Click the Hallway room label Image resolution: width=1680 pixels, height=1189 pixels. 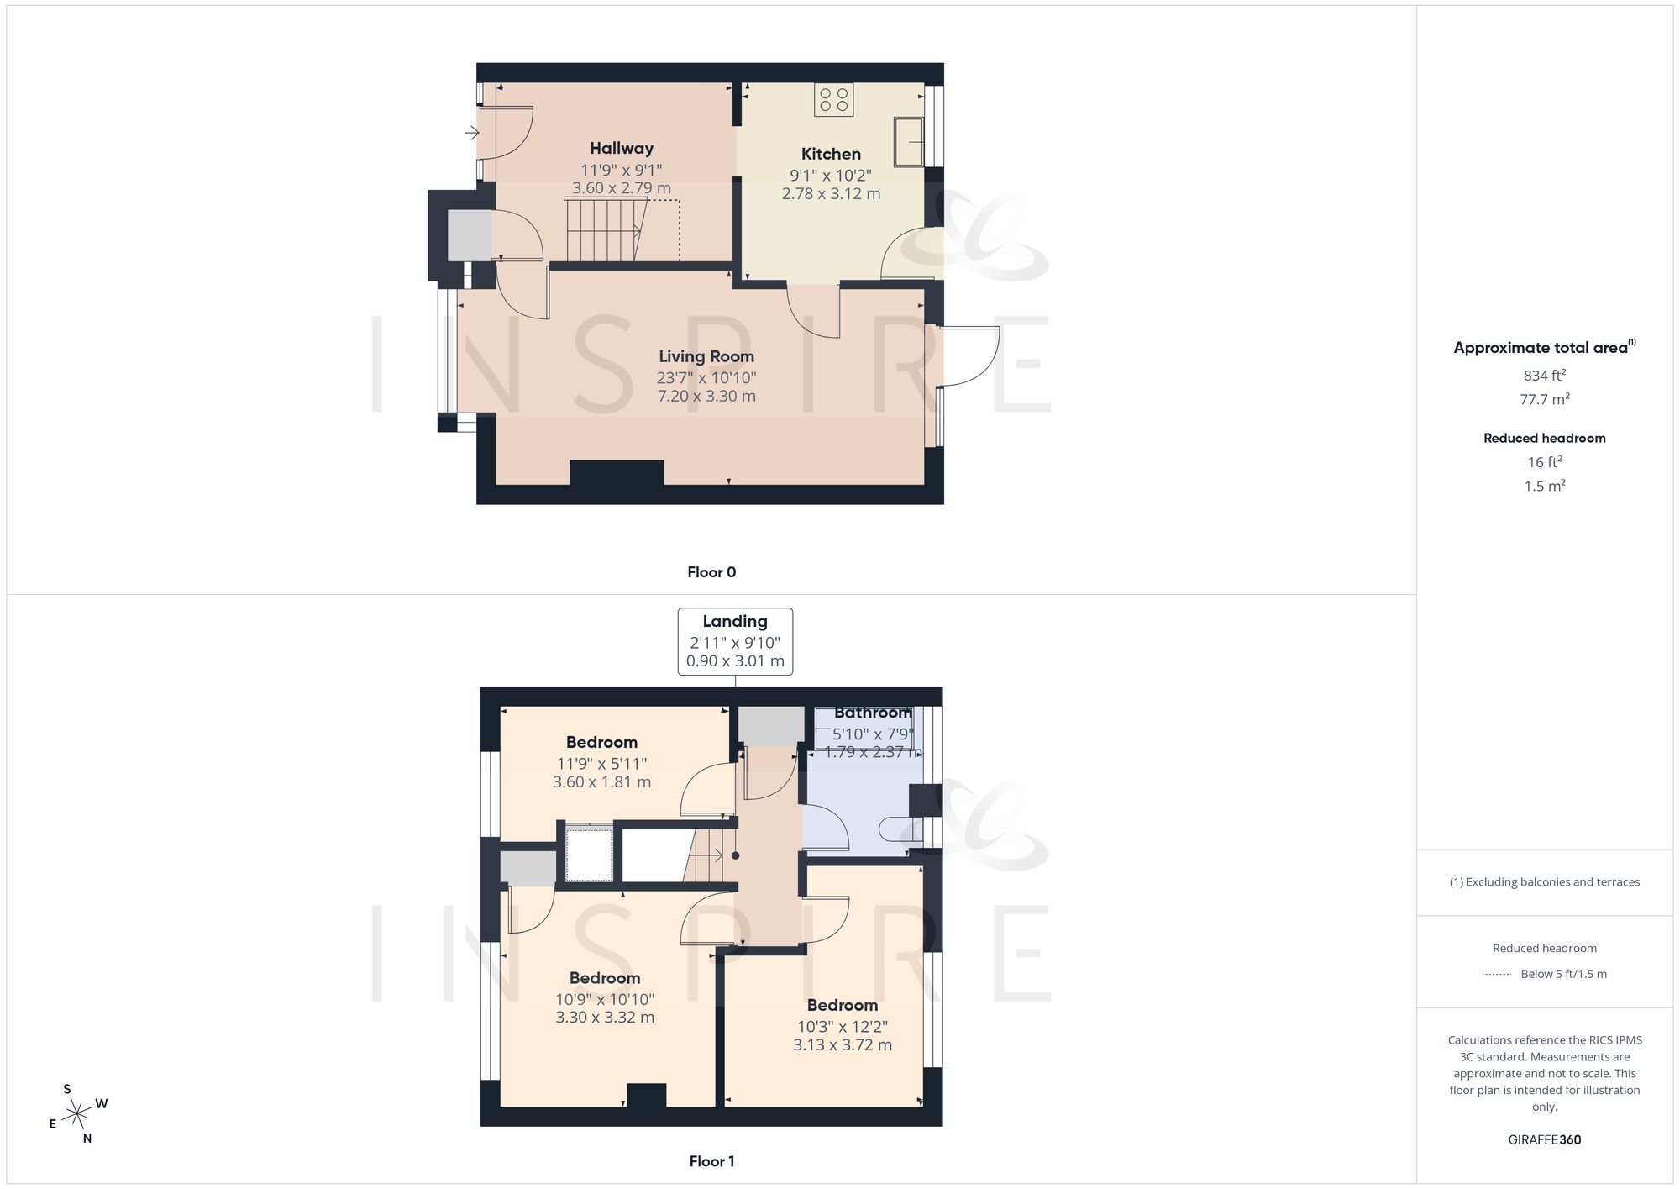pos(622,149)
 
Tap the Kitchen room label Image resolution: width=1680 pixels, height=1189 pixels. pos(831,154)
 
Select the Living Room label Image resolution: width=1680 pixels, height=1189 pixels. pos(706,356)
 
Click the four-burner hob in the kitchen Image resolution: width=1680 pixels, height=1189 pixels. pos(833,99)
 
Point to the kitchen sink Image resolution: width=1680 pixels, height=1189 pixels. pos(909,141)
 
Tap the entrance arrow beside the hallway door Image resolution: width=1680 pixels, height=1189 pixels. pos(472,132)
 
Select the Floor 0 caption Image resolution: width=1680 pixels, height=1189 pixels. pos(711,572)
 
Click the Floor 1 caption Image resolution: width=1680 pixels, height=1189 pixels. pos(711,1161)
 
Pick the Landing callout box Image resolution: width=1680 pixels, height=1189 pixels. pos(735,641)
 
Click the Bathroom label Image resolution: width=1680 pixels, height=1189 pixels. pos(873,713)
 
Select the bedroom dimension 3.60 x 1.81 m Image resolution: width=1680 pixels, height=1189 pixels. pos(601,781)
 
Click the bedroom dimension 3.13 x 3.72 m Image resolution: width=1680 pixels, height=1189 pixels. pos(843,1044)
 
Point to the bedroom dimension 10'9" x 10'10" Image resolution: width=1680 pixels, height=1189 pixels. pos(605,999)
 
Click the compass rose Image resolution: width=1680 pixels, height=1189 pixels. pos(77,1114)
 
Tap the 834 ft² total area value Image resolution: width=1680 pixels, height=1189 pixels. pos(1545,376)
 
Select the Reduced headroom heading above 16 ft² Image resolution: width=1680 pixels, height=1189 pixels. pos(1545,438)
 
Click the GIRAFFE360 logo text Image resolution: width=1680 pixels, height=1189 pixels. pos(1545,1140)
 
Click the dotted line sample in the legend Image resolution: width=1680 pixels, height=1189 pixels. pos(1497,975)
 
